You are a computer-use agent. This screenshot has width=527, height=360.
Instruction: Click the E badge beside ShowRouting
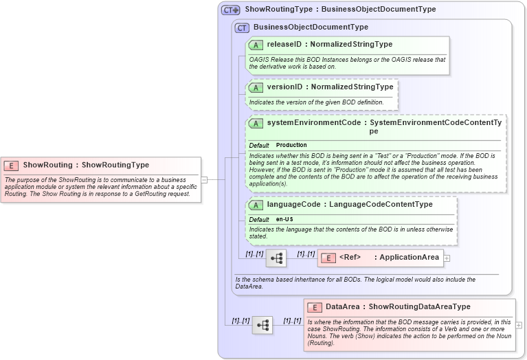click(11, 166)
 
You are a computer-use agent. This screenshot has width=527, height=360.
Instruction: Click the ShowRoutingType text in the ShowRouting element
click(115, 166)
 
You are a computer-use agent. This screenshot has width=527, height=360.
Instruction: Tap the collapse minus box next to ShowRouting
click(204, 179)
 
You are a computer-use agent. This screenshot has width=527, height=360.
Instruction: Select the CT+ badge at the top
click(230, 10)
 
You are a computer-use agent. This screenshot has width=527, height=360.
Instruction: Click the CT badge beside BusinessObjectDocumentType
click(242, 27)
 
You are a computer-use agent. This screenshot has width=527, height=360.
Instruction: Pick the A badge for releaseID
click(256, 45)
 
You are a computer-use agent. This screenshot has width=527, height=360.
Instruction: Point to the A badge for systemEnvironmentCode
click(256, 123)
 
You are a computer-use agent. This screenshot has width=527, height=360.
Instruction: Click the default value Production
click(291, 146)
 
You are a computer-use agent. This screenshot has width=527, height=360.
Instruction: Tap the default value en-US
click(284, 219)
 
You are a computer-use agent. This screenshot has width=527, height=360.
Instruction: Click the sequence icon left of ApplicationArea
click(276, 258)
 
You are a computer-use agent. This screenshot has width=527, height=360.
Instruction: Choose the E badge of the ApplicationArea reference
click(328, 258)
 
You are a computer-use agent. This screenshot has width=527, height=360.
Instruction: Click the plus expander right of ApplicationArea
click(447, 258)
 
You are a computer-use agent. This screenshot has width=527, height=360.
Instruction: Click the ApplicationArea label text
click(410, 258)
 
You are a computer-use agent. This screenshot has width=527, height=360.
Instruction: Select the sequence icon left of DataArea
click(262, 325)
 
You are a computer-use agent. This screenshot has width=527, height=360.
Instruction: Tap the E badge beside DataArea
click(315, 307)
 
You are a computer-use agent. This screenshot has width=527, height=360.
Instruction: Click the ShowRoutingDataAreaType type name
click(420, 307)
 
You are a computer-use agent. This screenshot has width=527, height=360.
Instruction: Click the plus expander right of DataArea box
click(519, 325)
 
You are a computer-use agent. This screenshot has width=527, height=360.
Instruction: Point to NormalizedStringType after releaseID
click(351, 45)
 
